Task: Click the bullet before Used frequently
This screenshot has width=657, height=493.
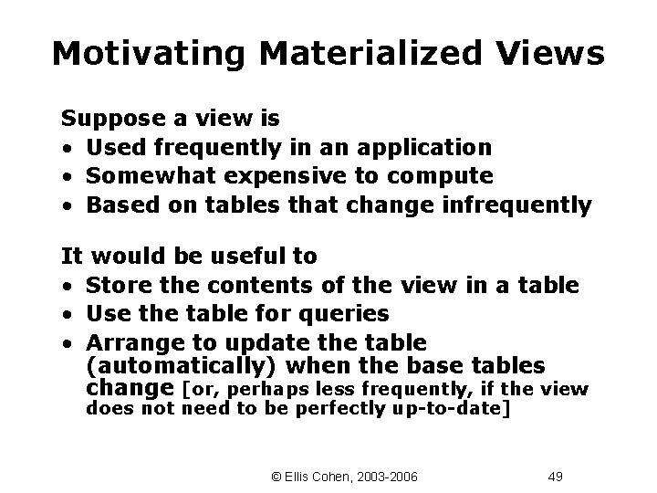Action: (68, 149)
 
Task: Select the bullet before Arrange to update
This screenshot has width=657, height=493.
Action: (68, 344)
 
